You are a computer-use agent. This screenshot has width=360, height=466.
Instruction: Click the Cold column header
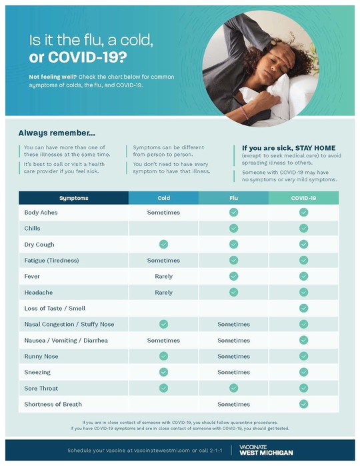point(163,198)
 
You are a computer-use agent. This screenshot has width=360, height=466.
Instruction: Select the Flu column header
point(233,198)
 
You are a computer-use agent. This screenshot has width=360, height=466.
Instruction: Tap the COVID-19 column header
point(303,198)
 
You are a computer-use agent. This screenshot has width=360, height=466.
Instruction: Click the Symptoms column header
point(73,198)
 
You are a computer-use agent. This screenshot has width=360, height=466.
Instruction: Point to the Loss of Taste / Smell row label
point(55,309)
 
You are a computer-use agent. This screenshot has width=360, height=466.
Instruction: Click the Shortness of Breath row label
point(53,405)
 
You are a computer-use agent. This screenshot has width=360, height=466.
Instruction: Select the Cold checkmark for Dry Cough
point(163,245)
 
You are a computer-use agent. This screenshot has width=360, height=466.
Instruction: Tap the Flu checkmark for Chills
point(233,229)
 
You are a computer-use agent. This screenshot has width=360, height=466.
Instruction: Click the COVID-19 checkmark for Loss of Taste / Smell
point(303,309)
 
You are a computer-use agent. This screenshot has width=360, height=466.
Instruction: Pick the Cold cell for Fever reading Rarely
point(163,277)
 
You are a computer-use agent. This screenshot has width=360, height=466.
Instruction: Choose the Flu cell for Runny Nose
point(233,357)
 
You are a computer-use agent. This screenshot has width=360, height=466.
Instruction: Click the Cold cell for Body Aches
point(163,213)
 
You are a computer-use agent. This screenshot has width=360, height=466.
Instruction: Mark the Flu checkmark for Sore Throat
point(233,389)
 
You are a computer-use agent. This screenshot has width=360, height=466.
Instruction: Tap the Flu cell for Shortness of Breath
point(233,405)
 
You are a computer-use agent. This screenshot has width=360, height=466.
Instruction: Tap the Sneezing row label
point(37,373)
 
